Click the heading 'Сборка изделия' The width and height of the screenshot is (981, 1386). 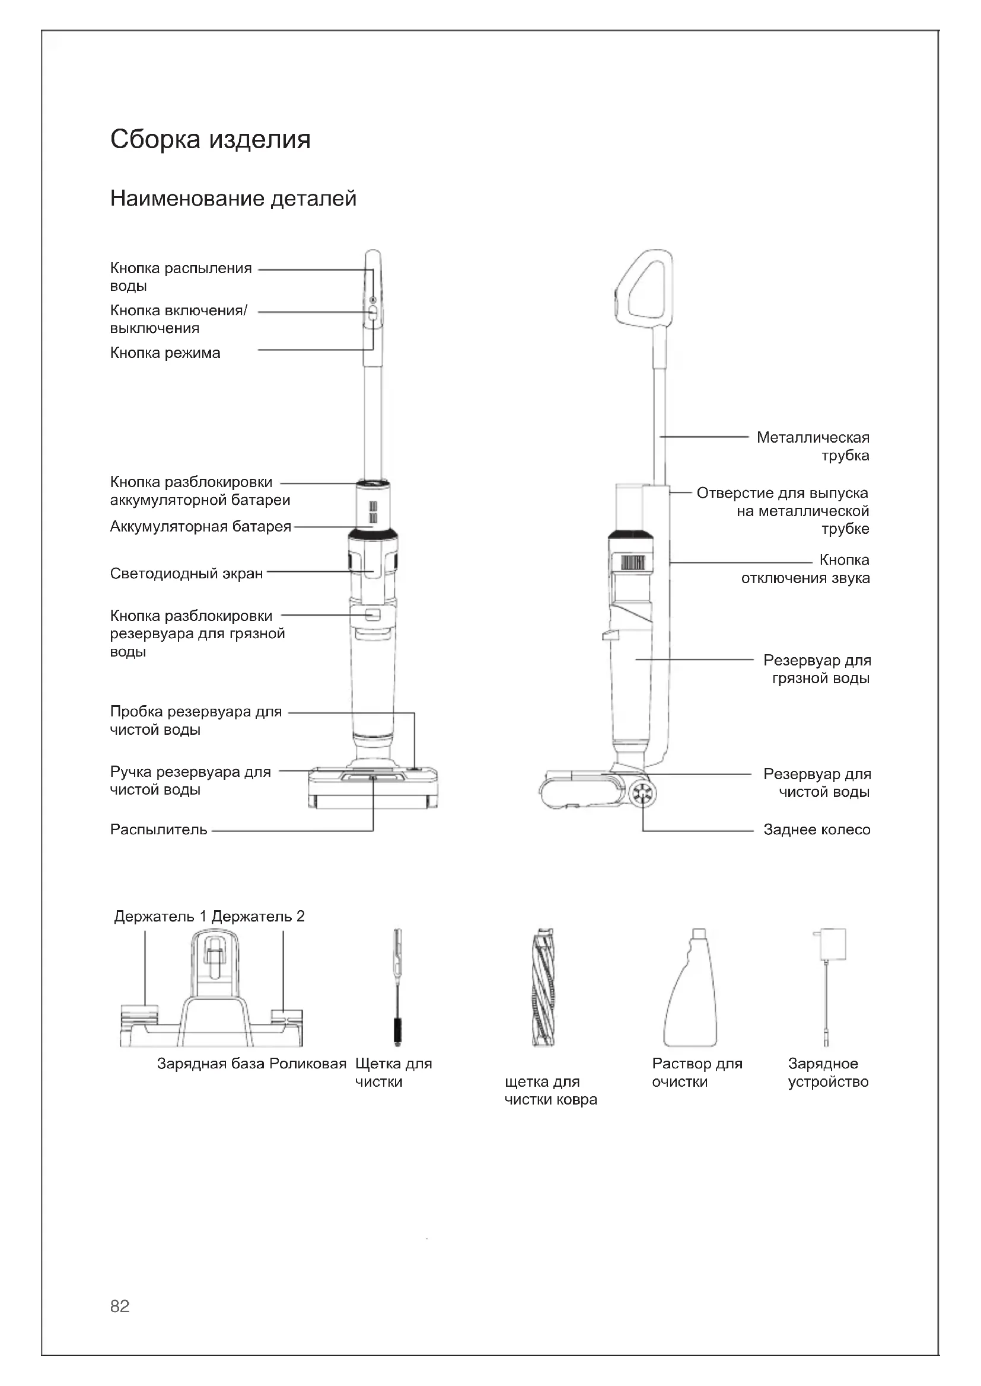pos(210,139)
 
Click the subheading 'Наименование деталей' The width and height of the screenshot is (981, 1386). pos(233,199)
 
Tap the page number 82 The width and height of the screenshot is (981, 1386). pos(120,1306)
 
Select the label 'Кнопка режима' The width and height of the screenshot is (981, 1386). pos(165,353)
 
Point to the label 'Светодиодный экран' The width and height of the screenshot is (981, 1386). pos(186,574)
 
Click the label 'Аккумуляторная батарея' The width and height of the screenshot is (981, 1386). pos(200,527)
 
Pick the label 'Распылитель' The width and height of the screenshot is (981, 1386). pos(158,830)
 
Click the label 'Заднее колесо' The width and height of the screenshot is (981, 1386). pos(816,830)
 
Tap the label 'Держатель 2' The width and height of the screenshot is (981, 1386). pos(258,916)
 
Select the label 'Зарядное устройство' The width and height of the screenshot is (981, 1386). pos(827,1073)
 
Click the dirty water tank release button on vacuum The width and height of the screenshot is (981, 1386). pos(372,614)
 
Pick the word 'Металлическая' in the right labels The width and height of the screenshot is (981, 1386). pos(813,438)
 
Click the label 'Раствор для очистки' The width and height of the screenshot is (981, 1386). pos(696,1073)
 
